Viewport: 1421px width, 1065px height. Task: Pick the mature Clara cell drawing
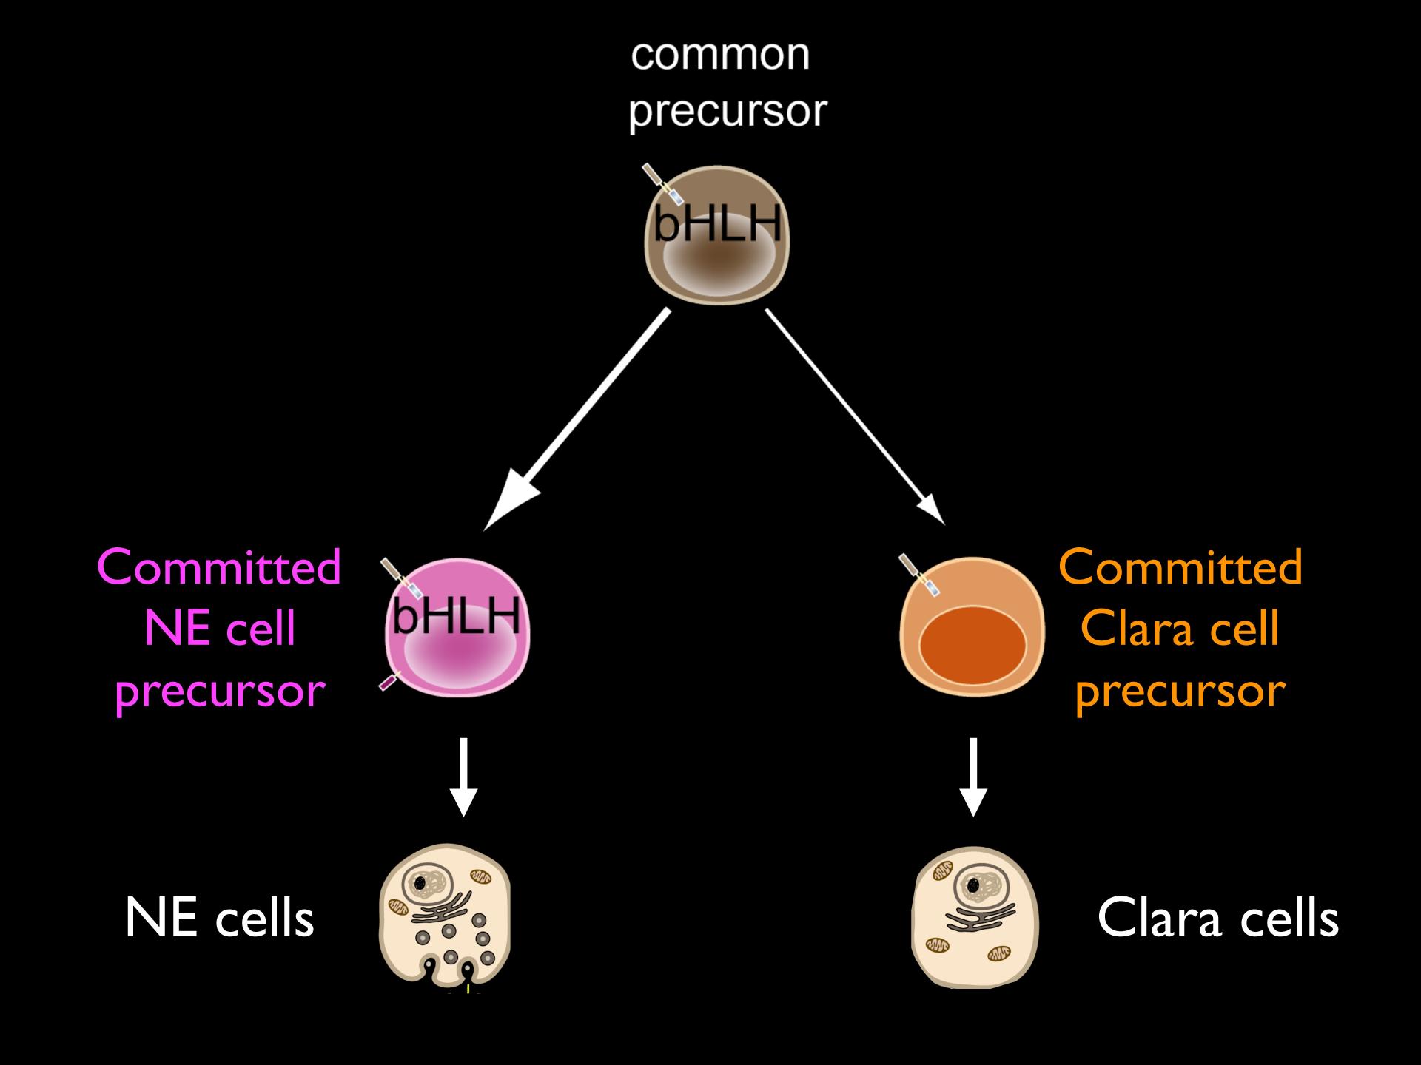[x=974, y=917]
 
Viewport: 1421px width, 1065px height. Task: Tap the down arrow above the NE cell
[x=463, y=777]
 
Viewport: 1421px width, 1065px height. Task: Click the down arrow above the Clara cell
[x=973, y=777]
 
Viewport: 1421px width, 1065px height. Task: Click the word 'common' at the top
[x=720, y=55]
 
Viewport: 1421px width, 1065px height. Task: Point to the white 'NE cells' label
[x=219, y=919]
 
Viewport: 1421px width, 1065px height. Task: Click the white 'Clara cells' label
[x=1217, y=919]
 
